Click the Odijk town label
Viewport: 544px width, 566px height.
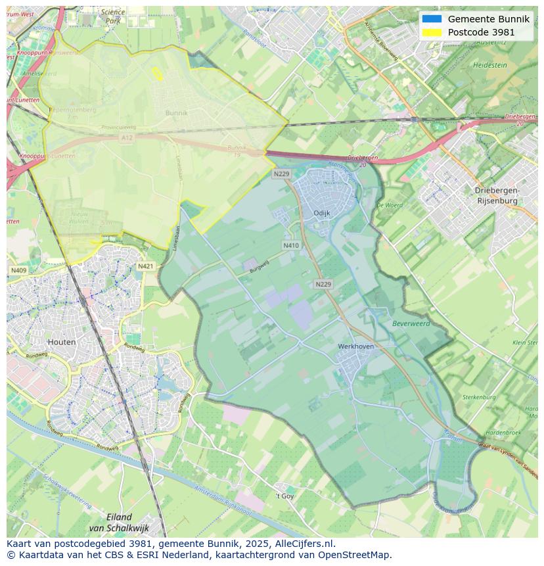[x=322, y=213]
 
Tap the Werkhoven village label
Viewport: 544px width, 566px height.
[x=355, y=346]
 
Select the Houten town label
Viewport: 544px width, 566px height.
[x=62, y=342]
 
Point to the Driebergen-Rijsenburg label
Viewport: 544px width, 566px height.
[x=497, y=195]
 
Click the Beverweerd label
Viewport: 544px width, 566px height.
[x=411, y=323]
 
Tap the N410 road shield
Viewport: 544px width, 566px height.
[x=291, y=245]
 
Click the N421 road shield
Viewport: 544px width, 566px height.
[x=146, y=266]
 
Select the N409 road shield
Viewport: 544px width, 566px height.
[x=18, y=270]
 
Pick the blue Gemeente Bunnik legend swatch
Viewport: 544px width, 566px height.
[x=432, y=19]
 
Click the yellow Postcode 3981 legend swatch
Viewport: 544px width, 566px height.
[x=432, y=32]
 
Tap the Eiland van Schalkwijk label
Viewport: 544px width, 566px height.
[x=110, y=522]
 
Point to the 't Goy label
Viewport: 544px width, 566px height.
[x=284, y=496]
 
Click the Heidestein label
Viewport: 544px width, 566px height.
[x=490, y=66]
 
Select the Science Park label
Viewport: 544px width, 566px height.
[x=113, y=16]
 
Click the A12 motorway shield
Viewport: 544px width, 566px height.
[x=126, y=137]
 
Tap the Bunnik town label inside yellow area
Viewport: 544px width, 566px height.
[x=176, y=113]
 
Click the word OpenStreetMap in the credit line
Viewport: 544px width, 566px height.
[x=356, y=554]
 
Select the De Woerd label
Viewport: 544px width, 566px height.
[x=389, y=205]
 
